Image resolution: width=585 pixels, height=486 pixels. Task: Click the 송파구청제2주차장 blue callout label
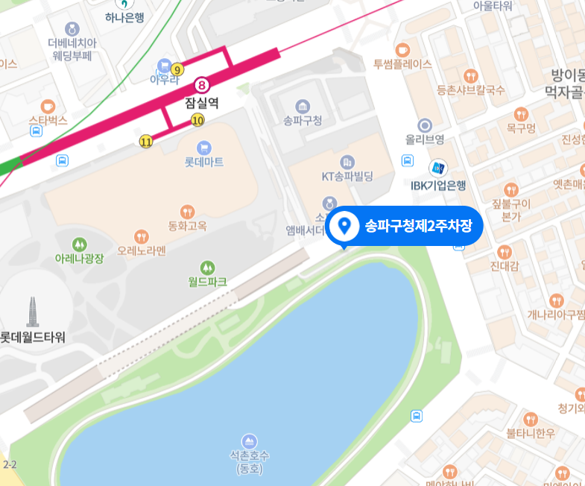point(406,225)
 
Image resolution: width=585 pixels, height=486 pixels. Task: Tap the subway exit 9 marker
point(177,69)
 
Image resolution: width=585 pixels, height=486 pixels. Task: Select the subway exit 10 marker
point(197,119)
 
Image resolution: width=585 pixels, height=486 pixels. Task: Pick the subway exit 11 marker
point(146,140)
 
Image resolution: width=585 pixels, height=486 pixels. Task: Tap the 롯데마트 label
point(204,161)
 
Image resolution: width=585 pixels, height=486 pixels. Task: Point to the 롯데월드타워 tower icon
point(33,312)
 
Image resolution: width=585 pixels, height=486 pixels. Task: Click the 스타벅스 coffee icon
point(48,105)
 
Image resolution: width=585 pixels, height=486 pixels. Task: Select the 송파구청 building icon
point(303,106)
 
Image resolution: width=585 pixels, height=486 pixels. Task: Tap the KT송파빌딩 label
point(347,177)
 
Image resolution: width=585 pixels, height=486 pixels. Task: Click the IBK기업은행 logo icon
point(439,168)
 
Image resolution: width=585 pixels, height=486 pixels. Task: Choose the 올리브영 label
point(425,139)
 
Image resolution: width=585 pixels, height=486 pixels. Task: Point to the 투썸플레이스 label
point(402,64)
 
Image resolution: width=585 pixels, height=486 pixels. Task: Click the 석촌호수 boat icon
point(249,439)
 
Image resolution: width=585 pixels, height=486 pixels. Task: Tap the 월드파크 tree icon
point(207,267)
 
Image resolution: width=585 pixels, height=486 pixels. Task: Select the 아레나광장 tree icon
point(79,244)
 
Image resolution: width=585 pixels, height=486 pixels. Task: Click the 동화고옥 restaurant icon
point(188,211)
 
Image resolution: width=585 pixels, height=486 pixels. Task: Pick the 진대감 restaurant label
point(505,266)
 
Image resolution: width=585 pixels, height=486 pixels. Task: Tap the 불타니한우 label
point(531,433)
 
